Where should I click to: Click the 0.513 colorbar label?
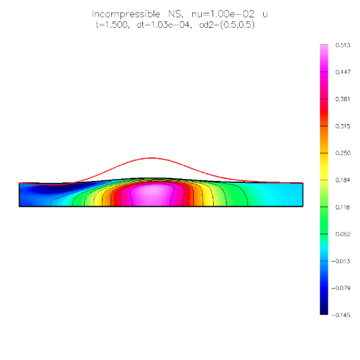[343, 45]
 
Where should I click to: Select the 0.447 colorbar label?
[343, 72]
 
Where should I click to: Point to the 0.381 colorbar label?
[343, 99]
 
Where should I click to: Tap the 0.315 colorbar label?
[343, 126]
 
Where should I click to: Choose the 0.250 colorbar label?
[343, 153]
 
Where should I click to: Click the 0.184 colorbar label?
[343, 180]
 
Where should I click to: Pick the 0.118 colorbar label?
[343, 207]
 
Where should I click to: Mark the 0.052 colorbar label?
[343, 234]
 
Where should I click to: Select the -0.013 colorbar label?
[341, 261]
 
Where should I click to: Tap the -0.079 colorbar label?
[341, 288]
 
